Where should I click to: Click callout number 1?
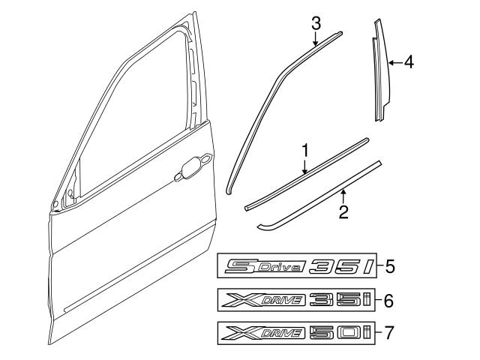305,151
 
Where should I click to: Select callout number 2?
343,212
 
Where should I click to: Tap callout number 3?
316,22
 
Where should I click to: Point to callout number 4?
408,63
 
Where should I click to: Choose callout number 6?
389,301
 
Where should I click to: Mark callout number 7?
389,331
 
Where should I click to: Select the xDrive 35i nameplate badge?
296,301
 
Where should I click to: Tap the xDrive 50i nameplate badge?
296,331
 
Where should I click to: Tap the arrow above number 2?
343,196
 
